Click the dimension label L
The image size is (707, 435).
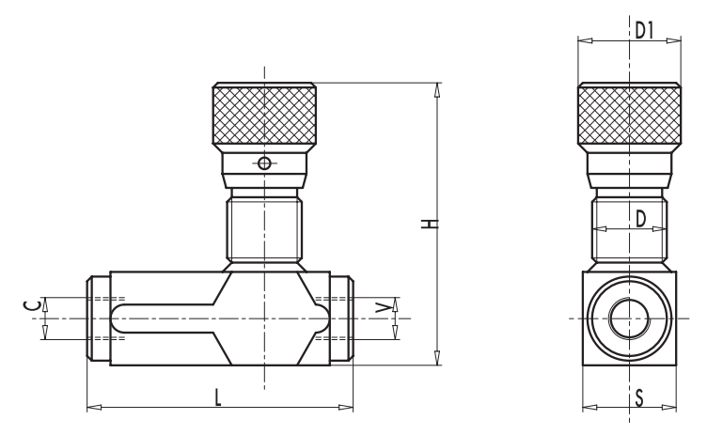coord(218,398)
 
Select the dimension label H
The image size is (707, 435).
coord(430,224)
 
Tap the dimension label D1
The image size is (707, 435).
coord(644,31)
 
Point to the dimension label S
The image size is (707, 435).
coord(639,398)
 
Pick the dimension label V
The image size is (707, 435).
coord(384,308)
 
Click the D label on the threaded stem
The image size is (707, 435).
coord(641,219)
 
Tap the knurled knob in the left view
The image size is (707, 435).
coord(264,114)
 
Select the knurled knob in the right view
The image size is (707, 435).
coord(630,114)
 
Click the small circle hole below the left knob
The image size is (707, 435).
coord(264,163)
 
